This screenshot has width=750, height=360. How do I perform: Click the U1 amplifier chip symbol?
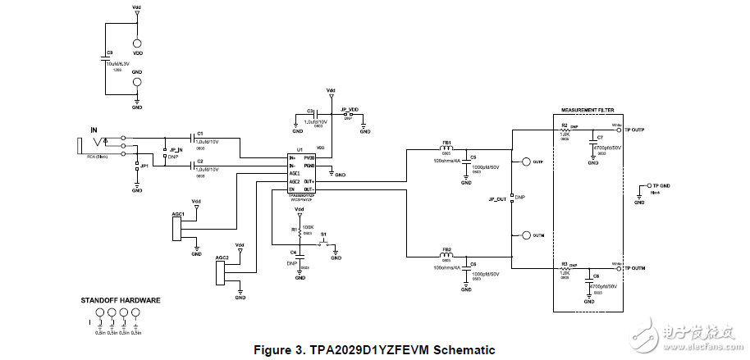click(301, 173)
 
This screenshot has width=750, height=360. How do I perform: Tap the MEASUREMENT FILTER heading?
click(588, 110)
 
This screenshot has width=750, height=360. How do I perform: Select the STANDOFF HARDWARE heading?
click(120, 301)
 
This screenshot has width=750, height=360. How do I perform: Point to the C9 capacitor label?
click(110, 52)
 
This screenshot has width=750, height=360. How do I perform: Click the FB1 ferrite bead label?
click(447, 142)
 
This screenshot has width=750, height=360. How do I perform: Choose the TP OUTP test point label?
click(634, 130)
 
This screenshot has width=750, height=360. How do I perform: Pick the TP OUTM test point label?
click(634, 268)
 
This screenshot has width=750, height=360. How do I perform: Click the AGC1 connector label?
click(177, 213)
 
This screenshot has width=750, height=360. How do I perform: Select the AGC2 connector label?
click(221, 257)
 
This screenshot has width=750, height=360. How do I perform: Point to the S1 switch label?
click(324, 235)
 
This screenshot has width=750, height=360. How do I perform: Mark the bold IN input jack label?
click(94, 130)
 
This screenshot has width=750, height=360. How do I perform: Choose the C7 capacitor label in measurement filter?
click(599, 137)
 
